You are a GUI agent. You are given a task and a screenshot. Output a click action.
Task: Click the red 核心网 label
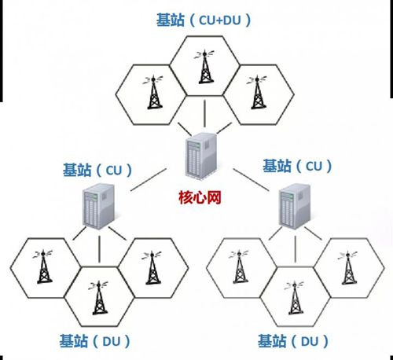(200, 197)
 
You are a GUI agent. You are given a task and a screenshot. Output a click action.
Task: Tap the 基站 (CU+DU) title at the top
(204, 20)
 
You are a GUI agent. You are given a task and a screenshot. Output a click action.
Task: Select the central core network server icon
(202, 156)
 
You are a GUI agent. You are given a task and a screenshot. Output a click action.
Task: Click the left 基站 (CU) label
(97, 171)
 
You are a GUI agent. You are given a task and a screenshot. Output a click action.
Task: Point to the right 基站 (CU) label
(297, 166)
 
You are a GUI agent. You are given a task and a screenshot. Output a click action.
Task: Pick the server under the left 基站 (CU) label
(99, 206)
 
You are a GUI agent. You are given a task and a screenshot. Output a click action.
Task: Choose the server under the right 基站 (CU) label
(295, 206)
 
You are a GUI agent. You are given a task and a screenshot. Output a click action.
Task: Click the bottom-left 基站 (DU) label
(95, 341)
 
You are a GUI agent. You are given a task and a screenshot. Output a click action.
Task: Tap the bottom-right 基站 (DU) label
(293, 341)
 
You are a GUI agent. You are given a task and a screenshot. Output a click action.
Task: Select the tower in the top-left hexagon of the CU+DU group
(154, 92)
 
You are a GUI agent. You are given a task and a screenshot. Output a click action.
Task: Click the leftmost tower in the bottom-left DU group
(44, 266)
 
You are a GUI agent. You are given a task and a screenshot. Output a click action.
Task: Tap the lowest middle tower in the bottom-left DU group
(99, 298)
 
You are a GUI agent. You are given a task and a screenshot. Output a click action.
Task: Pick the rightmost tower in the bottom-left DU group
(152, 268)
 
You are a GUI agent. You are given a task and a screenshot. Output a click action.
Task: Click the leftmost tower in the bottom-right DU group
(240, 266)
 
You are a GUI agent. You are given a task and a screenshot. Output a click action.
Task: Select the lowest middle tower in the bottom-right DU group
(295, 298)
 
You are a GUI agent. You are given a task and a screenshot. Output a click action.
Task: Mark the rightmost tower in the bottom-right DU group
(348, 268)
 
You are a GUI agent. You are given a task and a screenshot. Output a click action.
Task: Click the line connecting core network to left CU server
(149, 180)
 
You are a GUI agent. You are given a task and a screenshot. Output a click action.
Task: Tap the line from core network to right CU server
(251, 180)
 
